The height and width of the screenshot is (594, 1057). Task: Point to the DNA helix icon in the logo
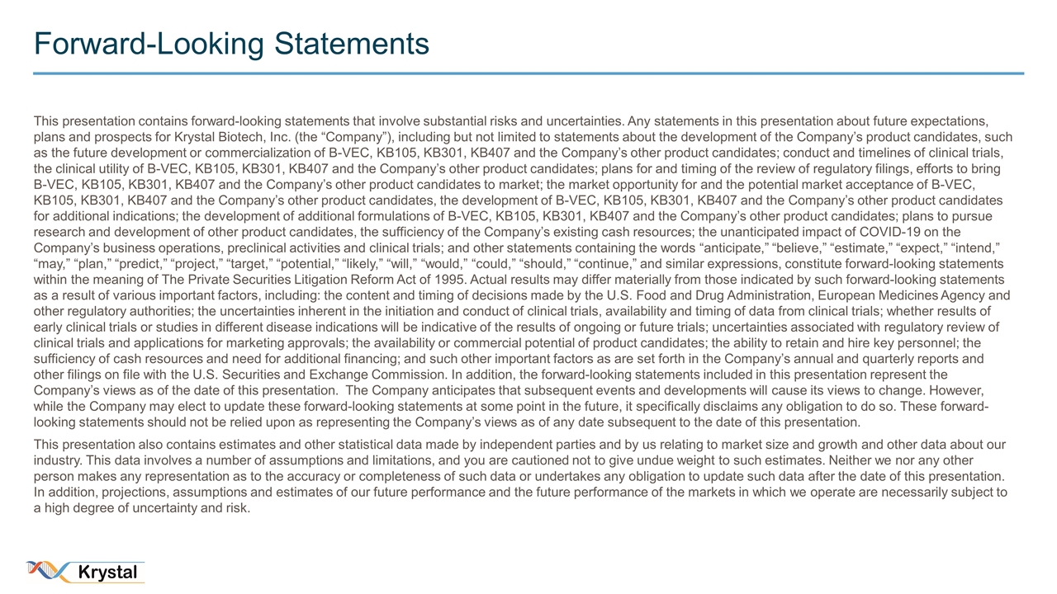(x=50, y=570)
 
